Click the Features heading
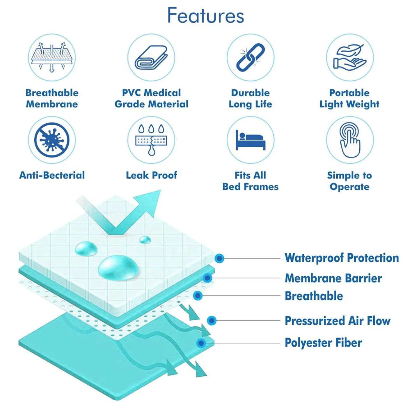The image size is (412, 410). (x=205, y=15)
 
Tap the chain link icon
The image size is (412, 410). (x=250, y=57)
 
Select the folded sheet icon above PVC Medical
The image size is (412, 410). (x=151, y=57)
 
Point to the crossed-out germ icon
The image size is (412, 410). (x=52, y=140)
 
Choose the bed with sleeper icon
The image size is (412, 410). (x=250, y=140)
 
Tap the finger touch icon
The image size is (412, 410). (x=350, y=140)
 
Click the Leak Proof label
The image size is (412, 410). (x=151, y=175)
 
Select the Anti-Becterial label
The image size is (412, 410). (x=52, y=175)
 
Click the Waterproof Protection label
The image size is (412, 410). (x=342, y=258)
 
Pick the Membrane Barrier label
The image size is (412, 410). (x=333, y=278)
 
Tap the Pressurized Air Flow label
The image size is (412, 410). (x=338, y=321)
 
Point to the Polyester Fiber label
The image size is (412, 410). (x=323, y=343)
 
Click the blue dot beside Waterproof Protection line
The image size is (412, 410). (x=219, y=258)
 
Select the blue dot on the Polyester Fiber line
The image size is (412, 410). (x=201, y=343)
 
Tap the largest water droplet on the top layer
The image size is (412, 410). (x=118, y=268)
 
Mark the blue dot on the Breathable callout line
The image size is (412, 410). (x=198, y=296)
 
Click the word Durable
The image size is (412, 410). (x=250, y=93)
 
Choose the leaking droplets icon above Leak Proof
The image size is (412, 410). (x=151, y=140)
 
